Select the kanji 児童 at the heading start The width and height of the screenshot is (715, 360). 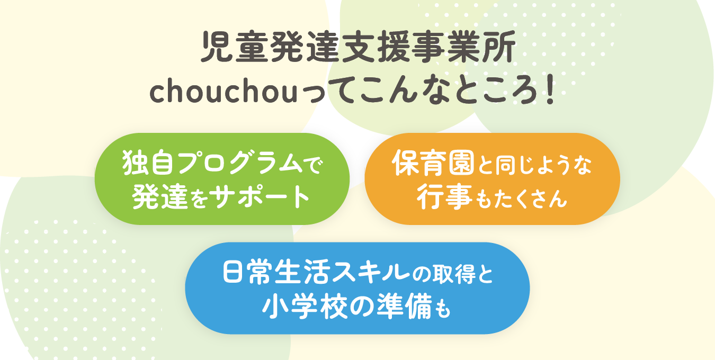[x=235, y=47]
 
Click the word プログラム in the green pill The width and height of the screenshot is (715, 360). [x=240, y=163]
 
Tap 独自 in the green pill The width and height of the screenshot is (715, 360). [x=149, y=163]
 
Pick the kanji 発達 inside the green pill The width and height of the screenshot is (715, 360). [x=159, y=196]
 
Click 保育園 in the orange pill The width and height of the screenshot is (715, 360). [x=433, y=163]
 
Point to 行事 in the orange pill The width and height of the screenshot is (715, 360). [x=444, y=196]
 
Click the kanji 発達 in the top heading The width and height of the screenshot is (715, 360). [x=305, y=47]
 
